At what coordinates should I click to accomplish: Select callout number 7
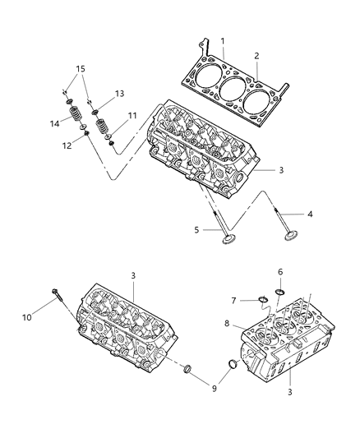[234, 300]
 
